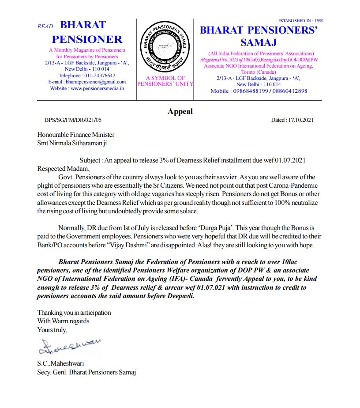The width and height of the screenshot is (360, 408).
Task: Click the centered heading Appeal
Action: point(180,111)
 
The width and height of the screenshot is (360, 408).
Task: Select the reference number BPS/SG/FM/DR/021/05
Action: point(73,120)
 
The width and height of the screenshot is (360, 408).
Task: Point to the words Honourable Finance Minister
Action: point(76,135)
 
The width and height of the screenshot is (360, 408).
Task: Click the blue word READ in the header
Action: point(45,27)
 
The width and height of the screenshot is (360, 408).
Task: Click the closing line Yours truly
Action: point(52,329)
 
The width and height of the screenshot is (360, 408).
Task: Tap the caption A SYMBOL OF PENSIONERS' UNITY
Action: point(166,81)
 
